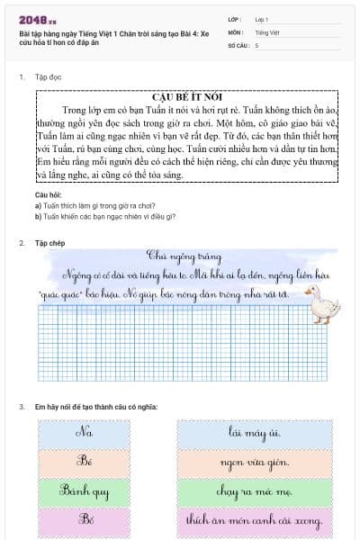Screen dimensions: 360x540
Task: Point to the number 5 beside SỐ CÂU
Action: pos(257,44)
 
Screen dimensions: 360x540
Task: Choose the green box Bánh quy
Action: pos(86,491)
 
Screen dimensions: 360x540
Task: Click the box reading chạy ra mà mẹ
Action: pos(257,491)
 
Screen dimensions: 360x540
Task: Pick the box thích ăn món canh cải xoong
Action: pos(257,521)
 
